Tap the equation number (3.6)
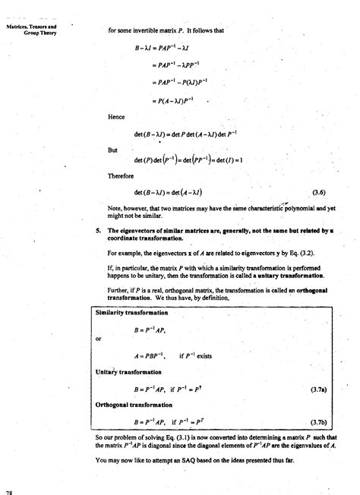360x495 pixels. (320, 192)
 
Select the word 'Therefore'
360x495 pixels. (121, 175)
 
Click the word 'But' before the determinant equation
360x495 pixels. (113, 150)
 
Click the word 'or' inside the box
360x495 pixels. (99, 339)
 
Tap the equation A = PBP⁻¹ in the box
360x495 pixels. (151, 355)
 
